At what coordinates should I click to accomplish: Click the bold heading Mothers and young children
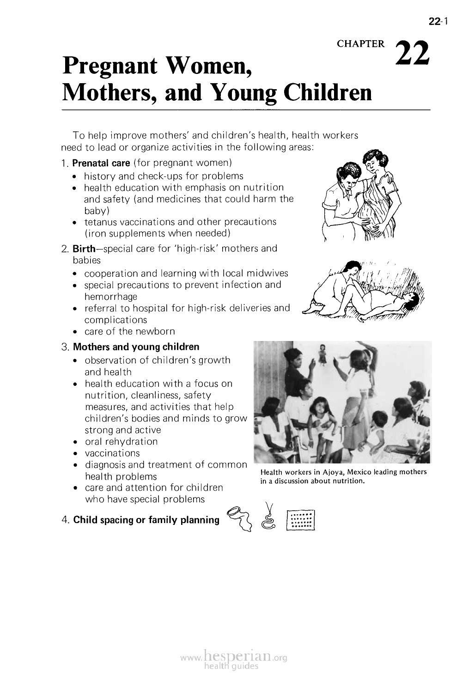click(136, 347)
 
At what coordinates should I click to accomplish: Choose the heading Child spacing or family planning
click(146, 520)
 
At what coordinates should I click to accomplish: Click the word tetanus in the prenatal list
click(101, 222)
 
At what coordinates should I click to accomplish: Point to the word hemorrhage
click(111, 297)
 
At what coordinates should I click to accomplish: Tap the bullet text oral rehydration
click(121, 442)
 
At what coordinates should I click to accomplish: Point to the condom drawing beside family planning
click(239, 517)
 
